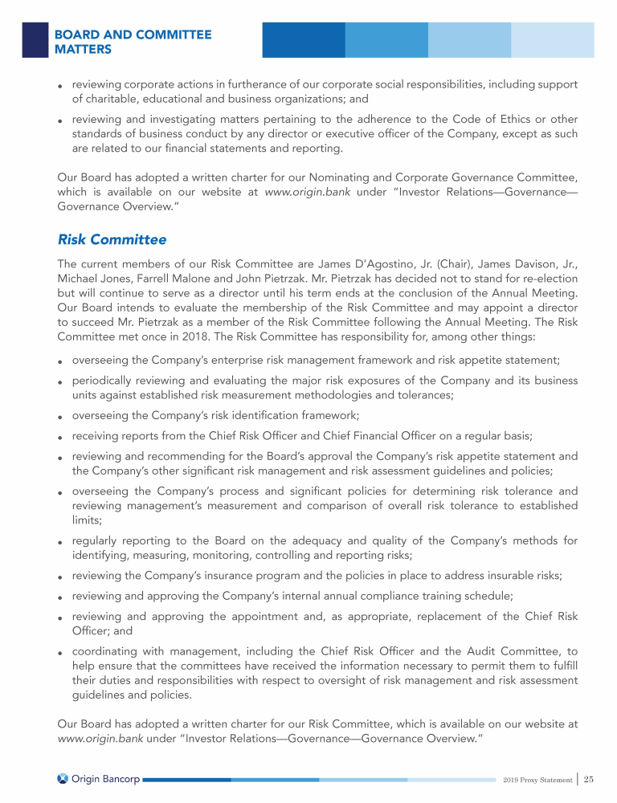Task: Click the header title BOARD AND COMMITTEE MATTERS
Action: [x=133, y=42]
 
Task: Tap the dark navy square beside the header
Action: [x=35, y=39]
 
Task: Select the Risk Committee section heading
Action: [x=112, y=239]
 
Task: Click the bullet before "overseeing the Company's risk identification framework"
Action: [x=61, y=417]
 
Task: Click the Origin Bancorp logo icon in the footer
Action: [x=64, y=778]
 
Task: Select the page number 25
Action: [x=589, y=778]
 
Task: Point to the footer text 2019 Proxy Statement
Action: [x=536, y=779]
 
